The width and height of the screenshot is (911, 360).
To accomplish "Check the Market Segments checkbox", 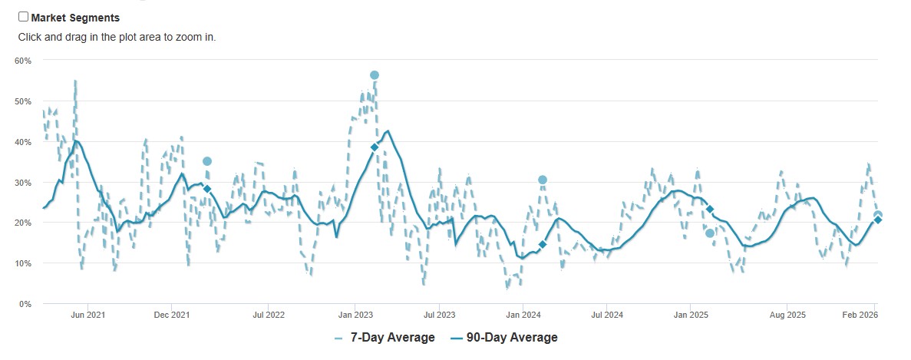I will (23, 17).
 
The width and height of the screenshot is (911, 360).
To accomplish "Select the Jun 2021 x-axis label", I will (87, 315).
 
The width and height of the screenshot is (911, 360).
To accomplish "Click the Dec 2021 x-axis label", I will (171, 315).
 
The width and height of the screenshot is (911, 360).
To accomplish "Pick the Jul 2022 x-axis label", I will (269, 315).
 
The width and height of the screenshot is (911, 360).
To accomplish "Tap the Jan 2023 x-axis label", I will (355, 315).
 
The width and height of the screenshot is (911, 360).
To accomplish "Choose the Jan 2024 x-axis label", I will (523, 315).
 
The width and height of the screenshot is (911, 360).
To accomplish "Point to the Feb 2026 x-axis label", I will (860, 315).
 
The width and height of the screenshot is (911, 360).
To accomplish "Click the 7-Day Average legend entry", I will (385, 338).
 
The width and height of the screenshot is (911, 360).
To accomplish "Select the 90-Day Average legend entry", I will (503, 338).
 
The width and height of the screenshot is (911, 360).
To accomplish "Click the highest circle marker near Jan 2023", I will (375, 75).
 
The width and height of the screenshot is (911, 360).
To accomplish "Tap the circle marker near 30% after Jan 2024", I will (543, 180).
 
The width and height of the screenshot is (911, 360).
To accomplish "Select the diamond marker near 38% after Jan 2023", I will (375, 147).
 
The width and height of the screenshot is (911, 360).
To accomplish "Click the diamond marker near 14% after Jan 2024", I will (543, 244).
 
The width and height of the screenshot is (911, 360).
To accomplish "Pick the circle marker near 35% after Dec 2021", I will (207, 161).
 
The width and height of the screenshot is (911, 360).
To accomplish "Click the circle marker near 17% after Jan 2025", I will (710, 233).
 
